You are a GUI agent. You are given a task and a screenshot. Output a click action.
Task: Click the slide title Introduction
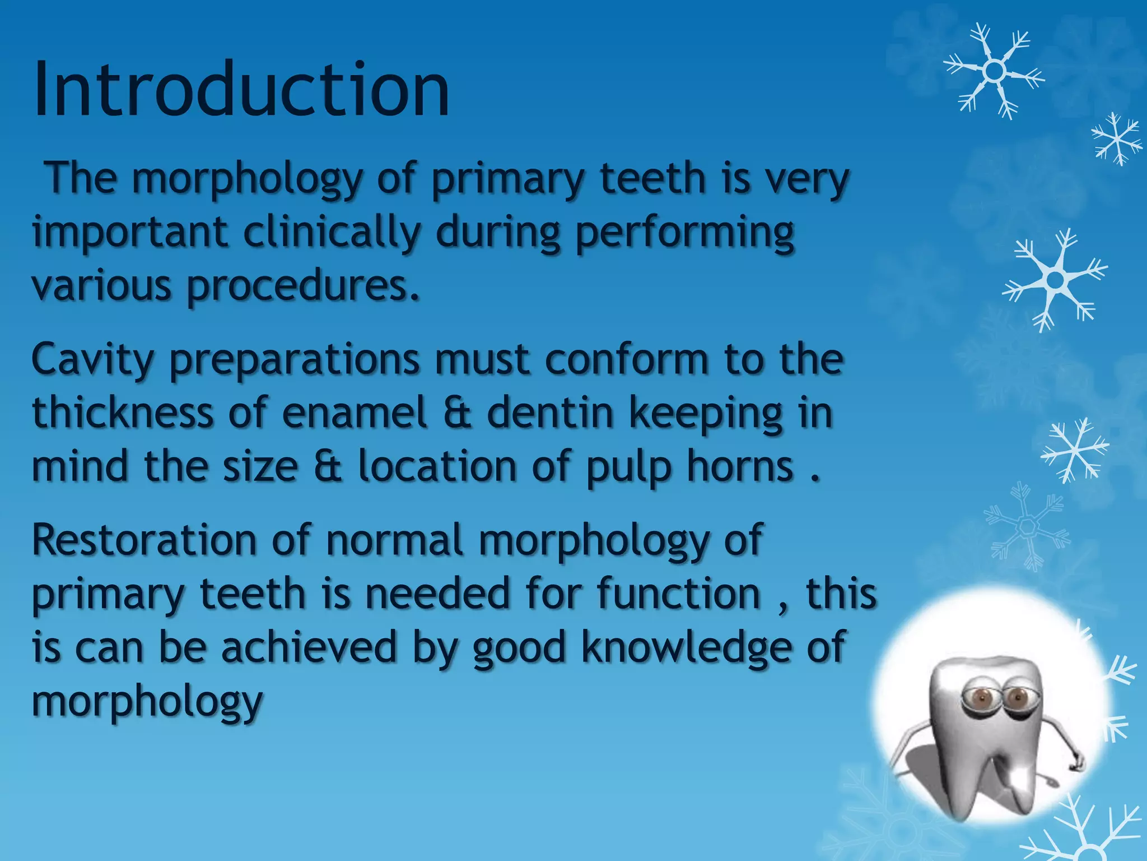coord(241,90)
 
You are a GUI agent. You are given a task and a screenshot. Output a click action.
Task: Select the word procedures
coord(302,286)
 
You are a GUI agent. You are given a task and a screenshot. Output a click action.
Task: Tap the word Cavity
coord(92,360)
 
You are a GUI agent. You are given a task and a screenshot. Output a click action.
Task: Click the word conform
coord(627,360)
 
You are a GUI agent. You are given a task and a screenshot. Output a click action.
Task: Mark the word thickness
coord(123,413)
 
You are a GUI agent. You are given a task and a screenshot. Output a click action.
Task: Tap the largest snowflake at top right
coord(994,71)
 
